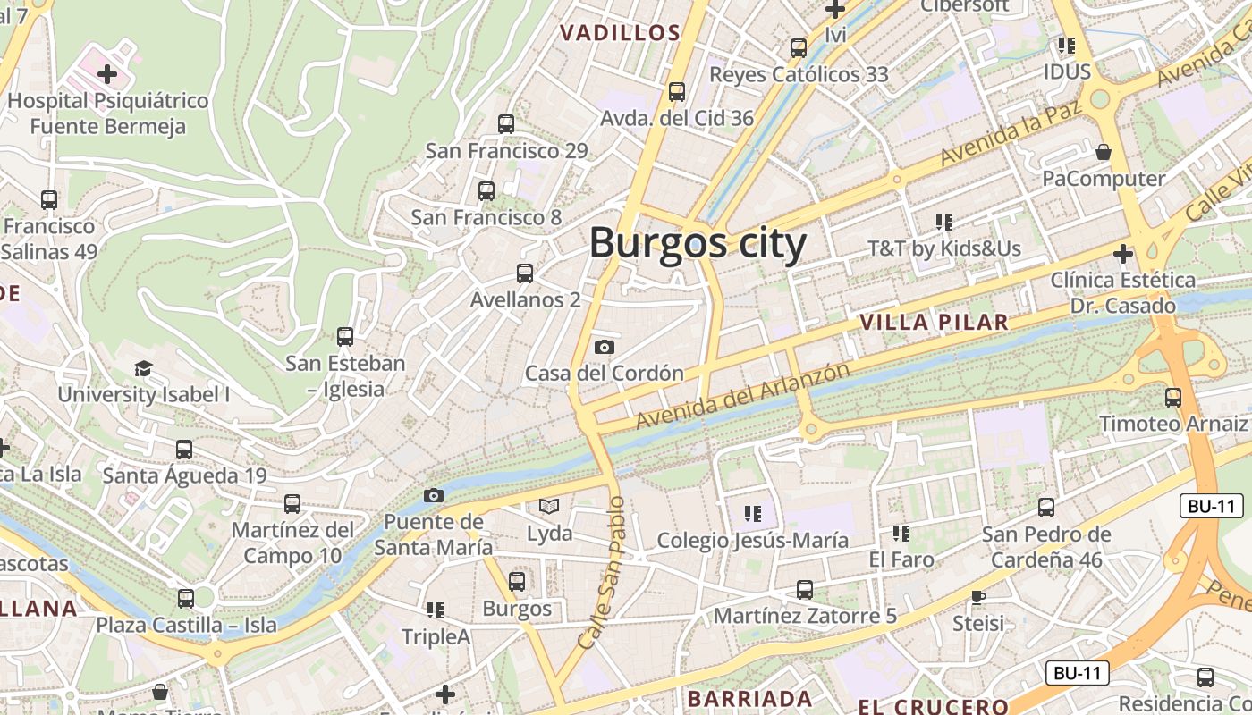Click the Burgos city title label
[698, 243]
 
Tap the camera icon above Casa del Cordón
[605, 347]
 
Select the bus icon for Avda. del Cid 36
[677, 91]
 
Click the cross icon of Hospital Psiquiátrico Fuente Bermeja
[107, 73]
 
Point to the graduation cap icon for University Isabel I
[143, 368]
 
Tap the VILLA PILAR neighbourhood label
[933, 322]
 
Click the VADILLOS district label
[620, 33]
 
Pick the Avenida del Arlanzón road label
[742, 395]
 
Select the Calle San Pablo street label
[600, 572]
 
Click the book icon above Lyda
[549, 507]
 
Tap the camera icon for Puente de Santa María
[433, 495]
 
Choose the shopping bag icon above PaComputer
[1104, 152]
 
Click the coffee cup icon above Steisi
[978, 596]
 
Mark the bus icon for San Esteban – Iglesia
[345, 337]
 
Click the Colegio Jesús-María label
[753, 540]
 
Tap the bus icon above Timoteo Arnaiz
[1173, 397]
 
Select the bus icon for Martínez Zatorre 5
[805, 590]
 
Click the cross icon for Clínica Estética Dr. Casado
[1123, 254]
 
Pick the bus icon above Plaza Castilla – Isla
[186, 598]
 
